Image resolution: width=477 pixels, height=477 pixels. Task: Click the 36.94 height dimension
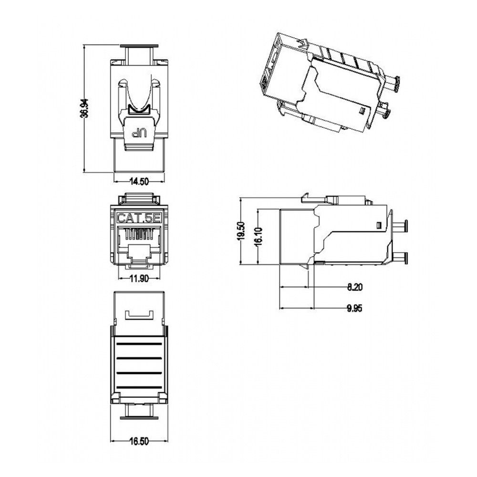[84, 108]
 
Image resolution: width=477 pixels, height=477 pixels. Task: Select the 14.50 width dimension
[139, 181]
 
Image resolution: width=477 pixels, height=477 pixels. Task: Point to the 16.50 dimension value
[139, 442]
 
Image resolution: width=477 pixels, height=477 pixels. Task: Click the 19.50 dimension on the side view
[241, 231]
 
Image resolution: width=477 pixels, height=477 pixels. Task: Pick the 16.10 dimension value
[258, 235]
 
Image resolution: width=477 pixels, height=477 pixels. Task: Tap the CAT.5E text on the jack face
[139, 219]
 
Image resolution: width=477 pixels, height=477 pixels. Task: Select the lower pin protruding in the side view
[400, 258]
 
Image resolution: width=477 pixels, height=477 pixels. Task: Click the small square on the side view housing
[379, 225]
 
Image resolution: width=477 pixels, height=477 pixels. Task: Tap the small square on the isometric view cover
[361, 111]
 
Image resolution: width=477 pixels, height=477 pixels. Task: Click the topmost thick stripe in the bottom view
[139, 343]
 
